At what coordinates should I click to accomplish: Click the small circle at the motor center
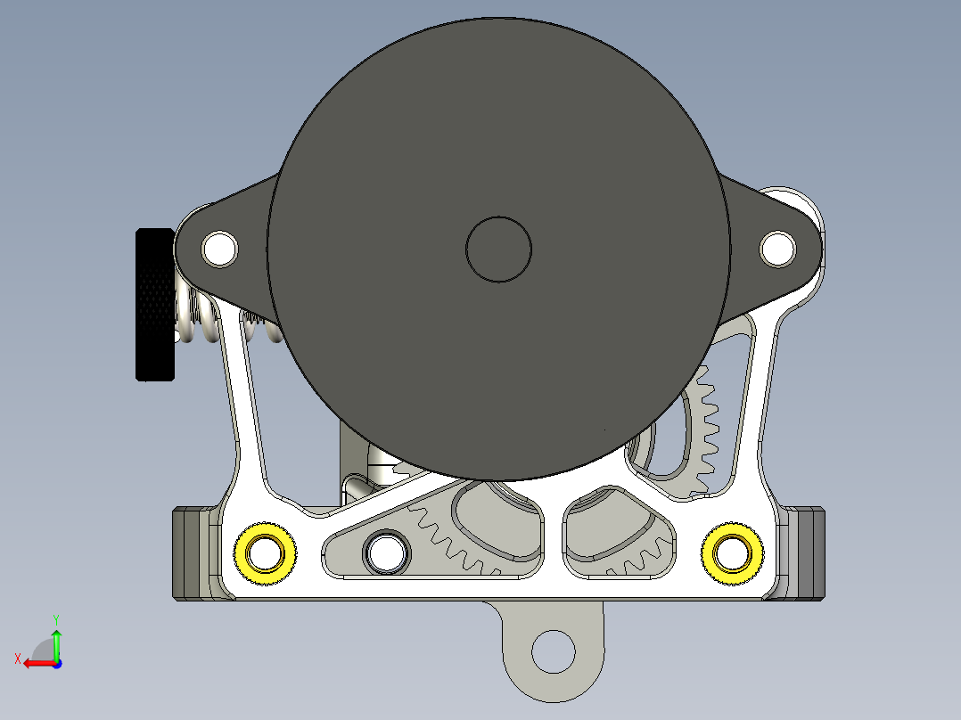(x=499, y=250)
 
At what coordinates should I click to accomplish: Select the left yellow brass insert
(x=265, y=553)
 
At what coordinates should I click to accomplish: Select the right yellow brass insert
(x=732, y=553)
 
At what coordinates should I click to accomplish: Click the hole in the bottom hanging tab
(x=554, y=651)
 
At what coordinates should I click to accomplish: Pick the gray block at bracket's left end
(x=190, y=552)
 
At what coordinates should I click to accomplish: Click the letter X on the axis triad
(x=17, y=659)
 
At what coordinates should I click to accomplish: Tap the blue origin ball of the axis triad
(x=56, y=664)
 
